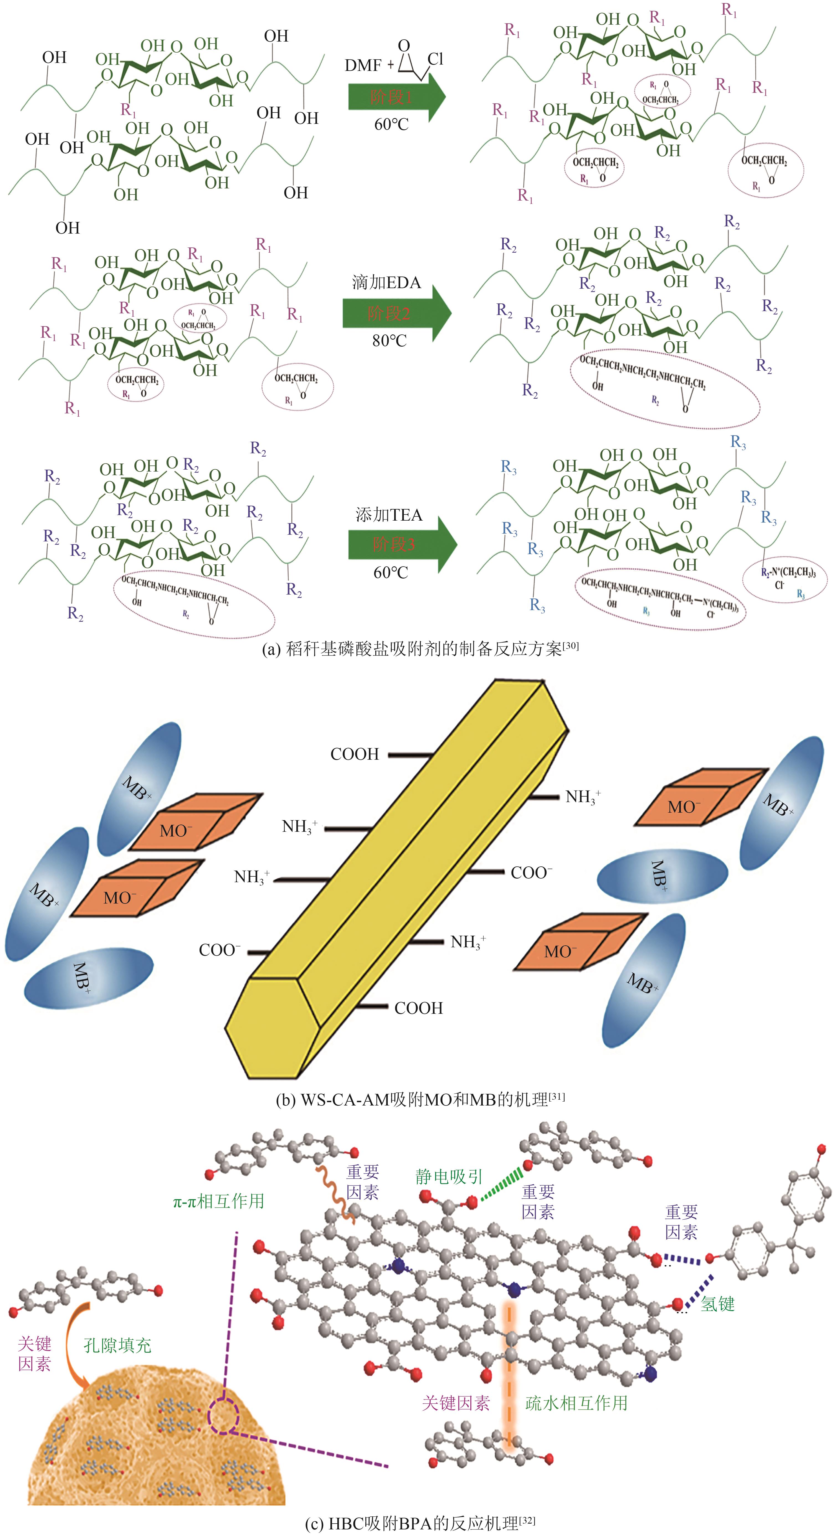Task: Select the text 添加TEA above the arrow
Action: (x=388, y=515)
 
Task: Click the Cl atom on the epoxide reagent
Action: (x=436, y=58)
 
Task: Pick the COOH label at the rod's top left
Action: (x=355, y=754)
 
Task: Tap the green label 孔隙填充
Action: (x=117, y=1345)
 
